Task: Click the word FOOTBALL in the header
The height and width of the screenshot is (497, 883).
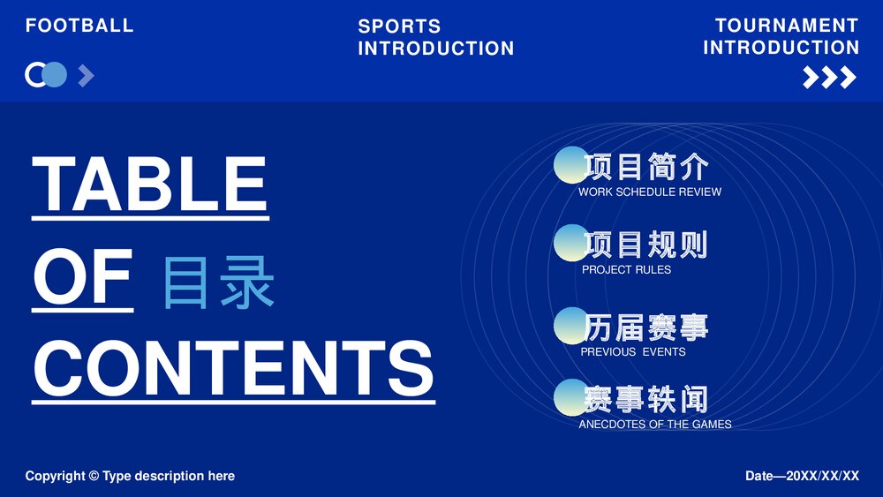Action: pos(79,26)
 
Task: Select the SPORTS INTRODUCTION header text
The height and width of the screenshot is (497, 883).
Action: pos(435,37)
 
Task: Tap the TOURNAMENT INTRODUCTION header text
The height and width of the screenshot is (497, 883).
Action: pos(781,36)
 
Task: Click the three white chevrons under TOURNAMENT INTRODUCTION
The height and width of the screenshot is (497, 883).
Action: pos(829,78)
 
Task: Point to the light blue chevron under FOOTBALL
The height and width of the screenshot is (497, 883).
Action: pos(86,76)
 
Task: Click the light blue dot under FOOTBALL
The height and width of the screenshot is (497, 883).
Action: pos(55,75)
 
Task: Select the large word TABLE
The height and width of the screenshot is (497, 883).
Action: pos(150,185)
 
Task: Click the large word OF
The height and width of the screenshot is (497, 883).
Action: pos(83,277)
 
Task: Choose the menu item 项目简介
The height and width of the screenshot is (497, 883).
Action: pos(646,166)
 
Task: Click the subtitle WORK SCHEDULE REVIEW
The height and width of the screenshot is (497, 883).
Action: pos(650,192)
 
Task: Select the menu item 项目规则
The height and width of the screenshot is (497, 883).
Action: pos(645,245)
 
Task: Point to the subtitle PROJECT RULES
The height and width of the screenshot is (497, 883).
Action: pos(626,269)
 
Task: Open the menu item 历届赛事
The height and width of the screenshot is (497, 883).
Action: pos(645,328)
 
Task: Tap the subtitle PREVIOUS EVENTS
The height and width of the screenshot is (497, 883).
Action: pos(633,351)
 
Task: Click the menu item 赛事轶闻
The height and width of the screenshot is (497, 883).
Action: pos(645,399)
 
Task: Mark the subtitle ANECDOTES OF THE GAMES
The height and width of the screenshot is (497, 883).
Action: pos(655,424)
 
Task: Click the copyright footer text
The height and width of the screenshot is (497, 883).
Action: pos(130,476)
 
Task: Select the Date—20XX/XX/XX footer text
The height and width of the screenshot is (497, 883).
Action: pos(802,476)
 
